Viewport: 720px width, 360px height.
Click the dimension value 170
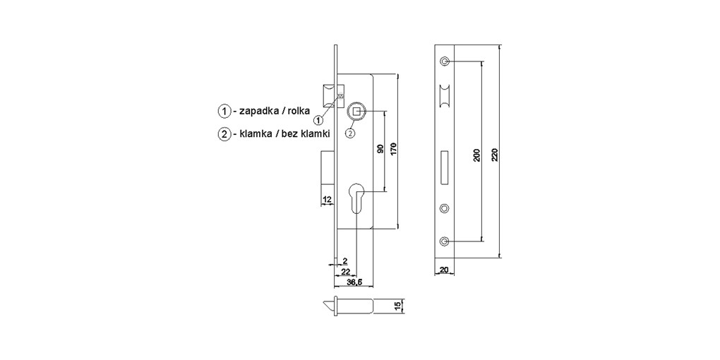tap(395, 150)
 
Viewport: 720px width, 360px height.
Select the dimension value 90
tap(380, 150)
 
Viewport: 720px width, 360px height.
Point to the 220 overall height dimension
tap(494, 155)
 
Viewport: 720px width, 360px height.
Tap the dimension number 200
tap(476, 155)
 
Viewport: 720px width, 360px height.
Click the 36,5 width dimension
tap(355, 282)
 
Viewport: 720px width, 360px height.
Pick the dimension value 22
tap(346, 271)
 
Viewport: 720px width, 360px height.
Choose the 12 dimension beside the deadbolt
tap(327, 200)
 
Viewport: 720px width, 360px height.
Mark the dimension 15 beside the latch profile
tap(397, 306)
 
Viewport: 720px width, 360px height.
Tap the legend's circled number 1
tap(224, 112)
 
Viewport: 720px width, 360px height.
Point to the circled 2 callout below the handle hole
tap(350, 131)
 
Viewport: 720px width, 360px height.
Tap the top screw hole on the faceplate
tap(444, 61)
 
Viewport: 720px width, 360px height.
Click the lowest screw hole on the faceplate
tap(444, 241)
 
